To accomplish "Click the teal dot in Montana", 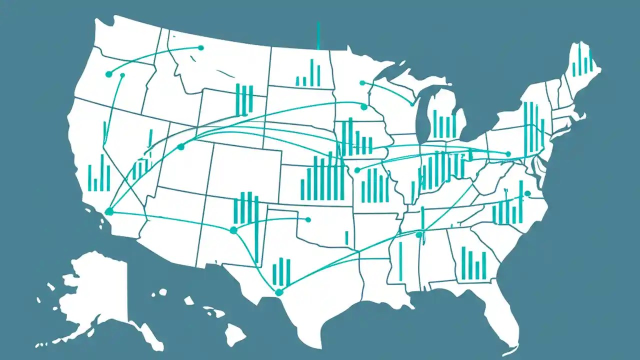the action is (201, 48).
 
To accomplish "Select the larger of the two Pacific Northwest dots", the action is (109, 74).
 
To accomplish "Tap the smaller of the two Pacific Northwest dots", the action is (122, 75).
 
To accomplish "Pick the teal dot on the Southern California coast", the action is (109, 212).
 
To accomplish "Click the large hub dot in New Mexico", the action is (233, 230).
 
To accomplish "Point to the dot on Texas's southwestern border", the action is (279, 292).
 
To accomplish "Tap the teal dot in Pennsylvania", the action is (508, 154).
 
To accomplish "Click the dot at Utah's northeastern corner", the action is (181, 147).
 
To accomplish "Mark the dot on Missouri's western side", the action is (357, 170).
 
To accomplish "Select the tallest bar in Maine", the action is (579, 60).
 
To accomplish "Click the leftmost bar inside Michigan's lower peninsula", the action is (435, 123).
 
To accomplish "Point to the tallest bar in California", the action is (102, 172).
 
